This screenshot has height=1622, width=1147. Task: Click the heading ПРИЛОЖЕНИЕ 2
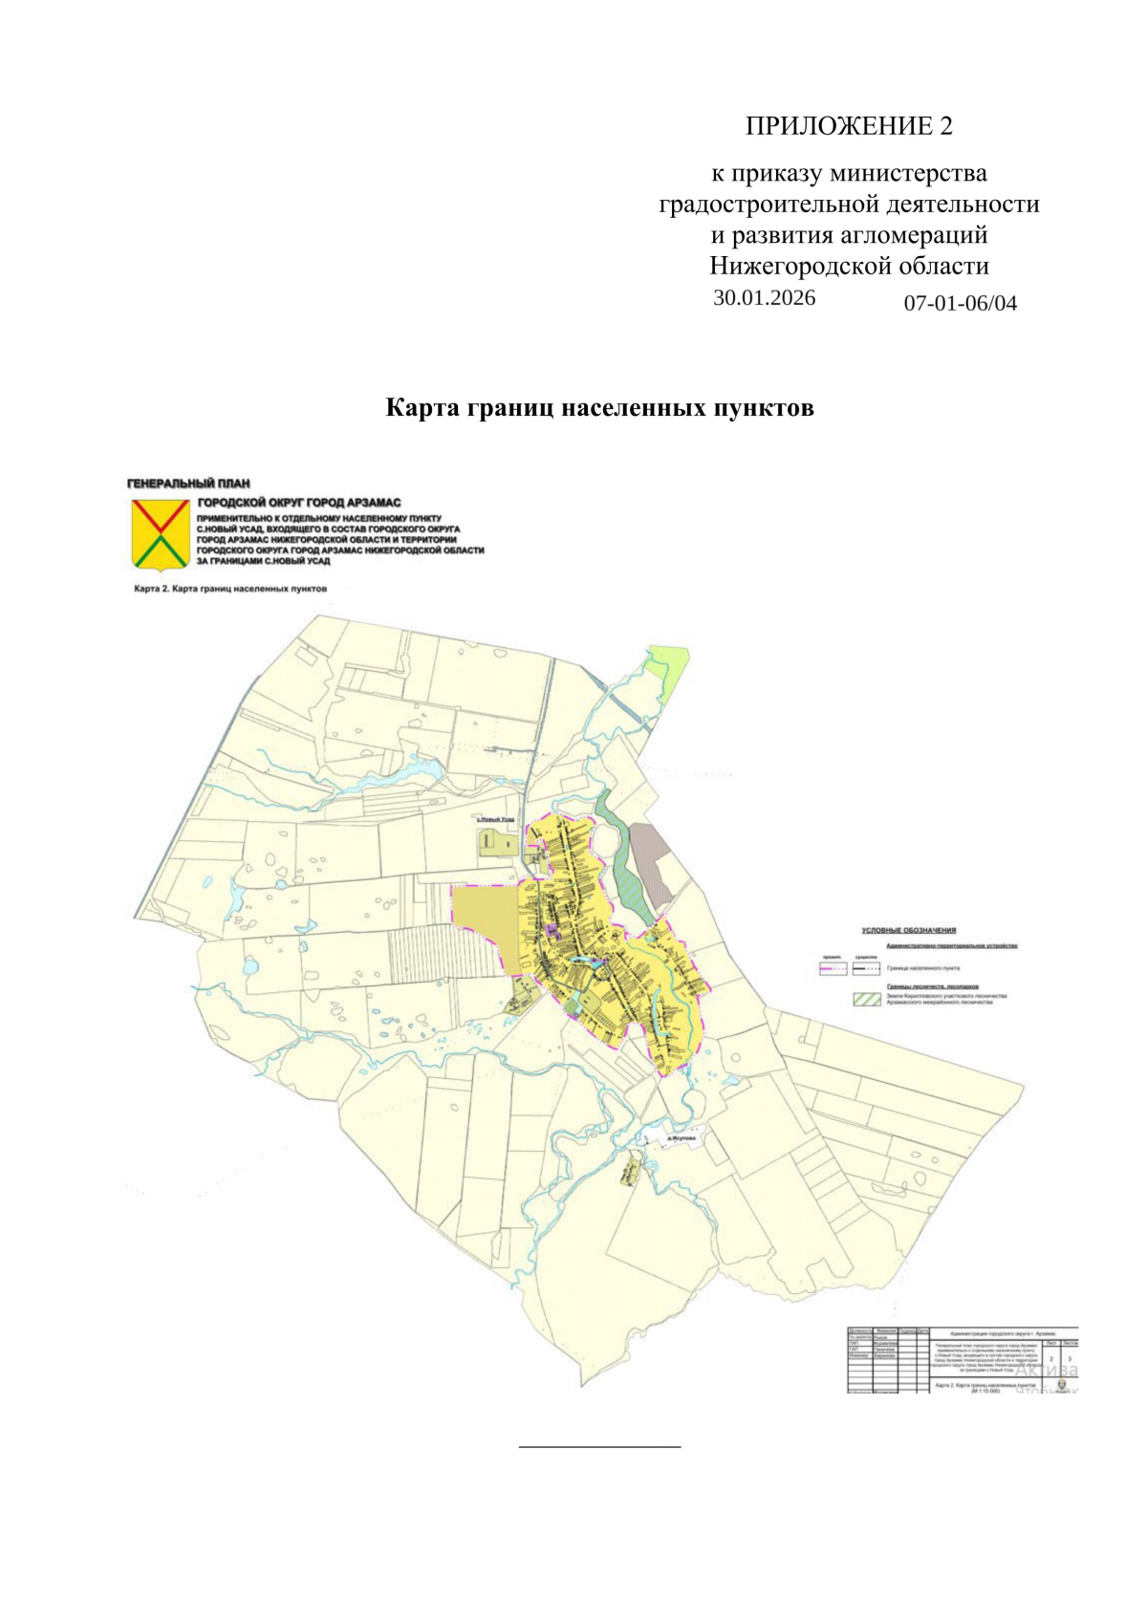point(849,126)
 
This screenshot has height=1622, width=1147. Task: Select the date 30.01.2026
point(764,297)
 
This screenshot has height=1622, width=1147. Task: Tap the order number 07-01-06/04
point(960,304)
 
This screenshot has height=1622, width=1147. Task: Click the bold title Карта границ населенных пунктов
point(599,408)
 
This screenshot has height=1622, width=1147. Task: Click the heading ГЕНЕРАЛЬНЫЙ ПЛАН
point(188,484)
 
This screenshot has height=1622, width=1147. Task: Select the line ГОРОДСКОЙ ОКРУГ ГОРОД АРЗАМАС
point(298,503)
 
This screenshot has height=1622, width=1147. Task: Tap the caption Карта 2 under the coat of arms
point(229,589)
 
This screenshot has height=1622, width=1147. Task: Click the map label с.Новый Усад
point(496,819)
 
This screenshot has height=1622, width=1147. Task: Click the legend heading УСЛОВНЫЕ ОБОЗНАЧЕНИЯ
point(908,930)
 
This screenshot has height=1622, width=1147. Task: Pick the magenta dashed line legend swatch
point(833,968)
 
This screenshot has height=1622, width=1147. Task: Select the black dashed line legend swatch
point(866,968)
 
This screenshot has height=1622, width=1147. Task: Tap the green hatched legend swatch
point(866,1000)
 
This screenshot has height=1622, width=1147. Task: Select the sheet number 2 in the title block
point(1050,1358)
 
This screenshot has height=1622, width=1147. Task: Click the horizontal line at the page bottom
point(599,1447)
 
